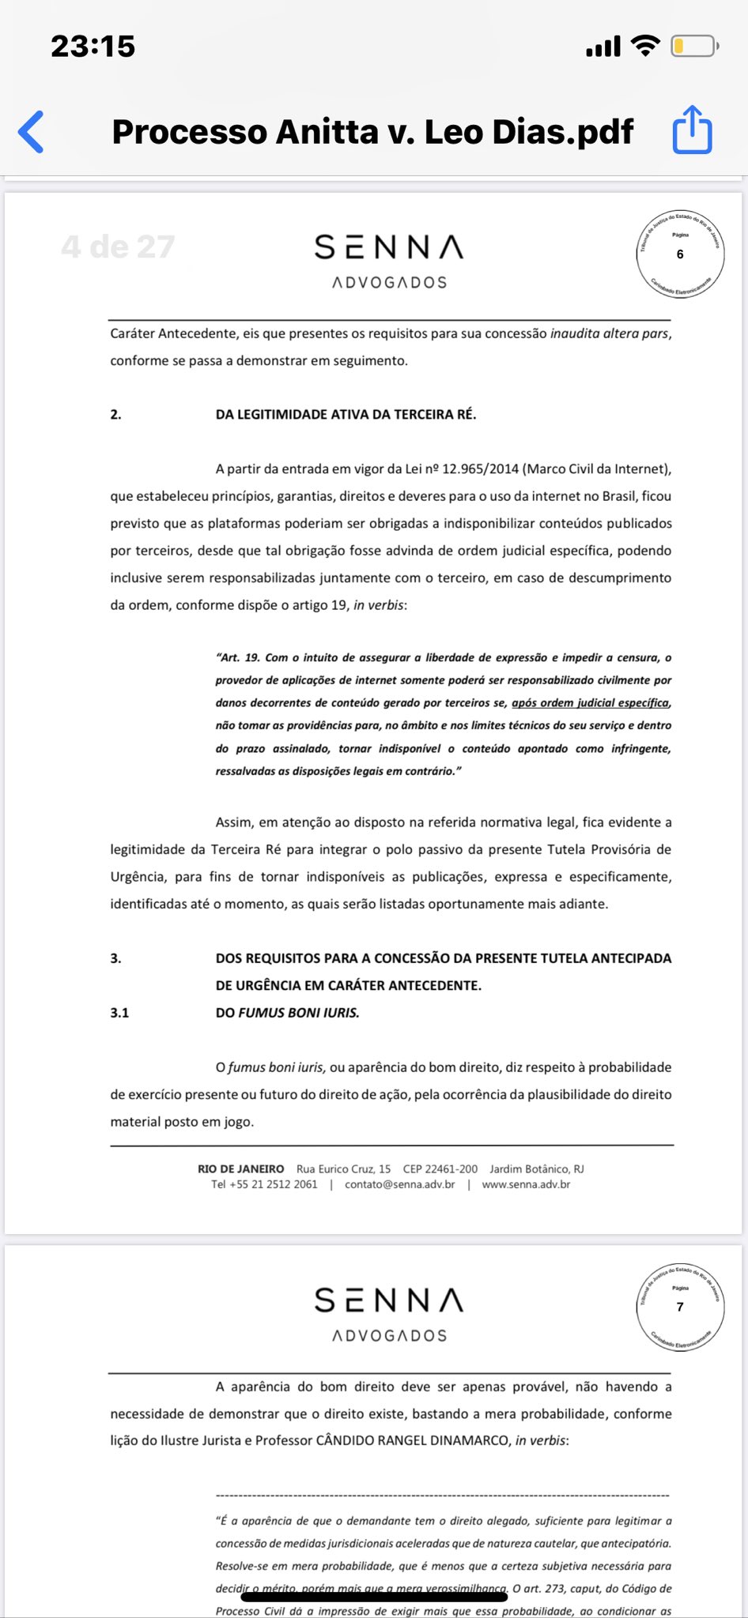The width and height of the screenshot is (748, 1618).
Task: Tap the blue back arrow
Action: coord(32,131)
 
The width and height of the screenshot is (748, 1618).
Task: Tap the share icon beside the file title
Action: coord(692,130)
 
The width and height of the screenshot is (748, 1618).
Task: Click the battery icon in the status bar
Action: coord(693,47)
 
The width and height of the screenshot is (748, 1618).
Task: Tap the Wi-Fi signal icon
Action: coord(646,47)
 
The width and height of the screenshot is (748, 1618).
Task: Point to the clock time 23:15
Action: coord(93,47)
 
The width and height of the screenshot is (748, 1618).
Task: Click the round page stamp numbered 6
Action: coord(680,254)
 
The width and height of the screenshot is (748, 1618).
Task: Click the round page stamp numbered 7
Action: coord(680,1307)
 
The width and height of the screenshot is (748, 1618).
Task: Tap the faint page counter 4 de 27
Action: coord(118,247)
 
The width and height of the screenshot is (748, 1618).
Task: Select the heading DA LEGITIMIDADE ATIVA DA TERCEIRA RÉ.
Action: coord(346,415)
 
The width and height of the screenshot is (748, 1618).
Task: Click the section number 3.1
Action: coord(119,1013)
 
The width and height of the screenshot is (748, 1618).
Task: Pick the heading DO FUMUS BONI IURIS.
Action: coord(287,1013)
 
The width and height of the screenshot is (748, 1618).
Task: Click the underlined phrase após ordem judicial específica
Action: coord(591,703)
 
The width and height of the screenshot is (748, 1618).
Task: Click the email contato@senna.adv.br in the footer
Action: coord(399,1184)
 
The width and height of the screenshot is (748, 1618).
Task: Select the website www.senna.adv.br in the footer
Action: coord(526,1184)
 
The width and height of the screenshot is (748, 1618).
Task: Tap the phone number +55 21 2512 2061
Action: coord(264,1184)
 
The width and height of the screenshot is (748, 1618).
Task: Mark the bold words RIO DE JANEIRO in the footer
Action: coord(240,1168)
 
